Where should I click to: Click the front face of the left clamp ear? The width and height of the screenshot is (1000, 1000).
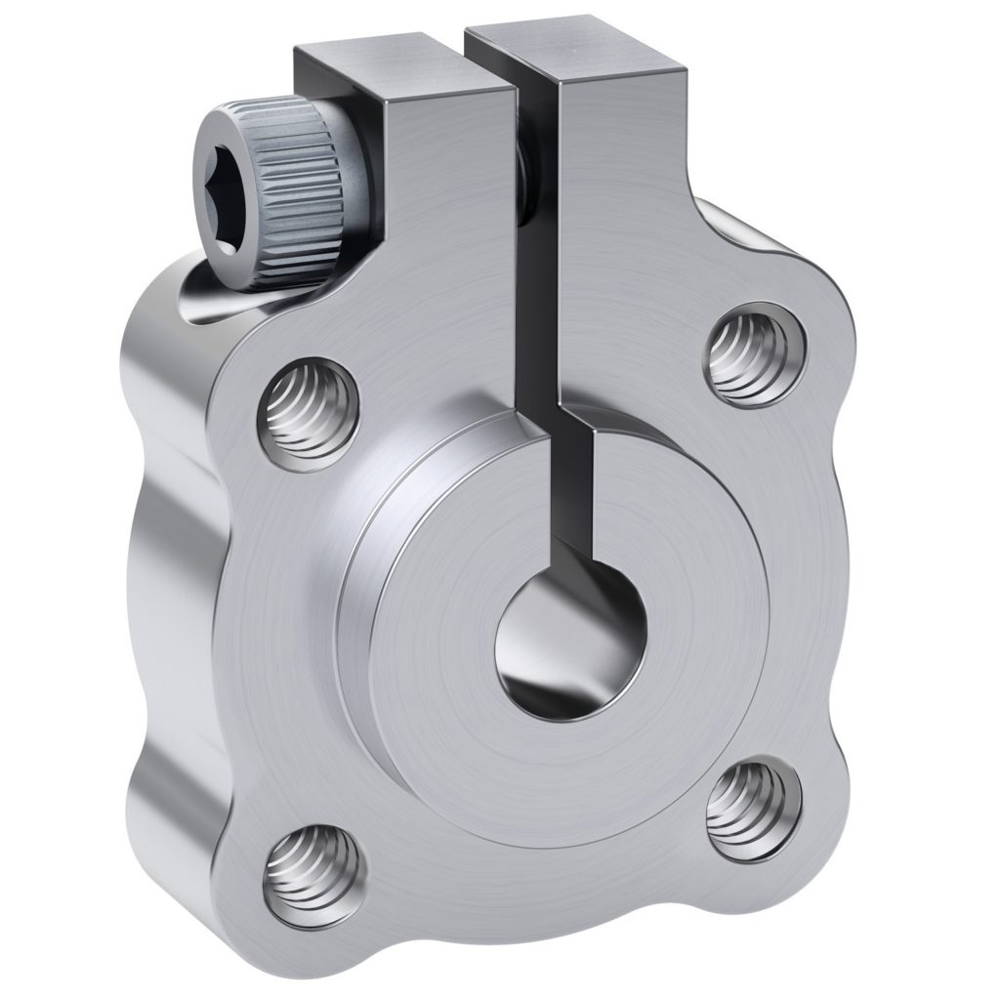[449, 244]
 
